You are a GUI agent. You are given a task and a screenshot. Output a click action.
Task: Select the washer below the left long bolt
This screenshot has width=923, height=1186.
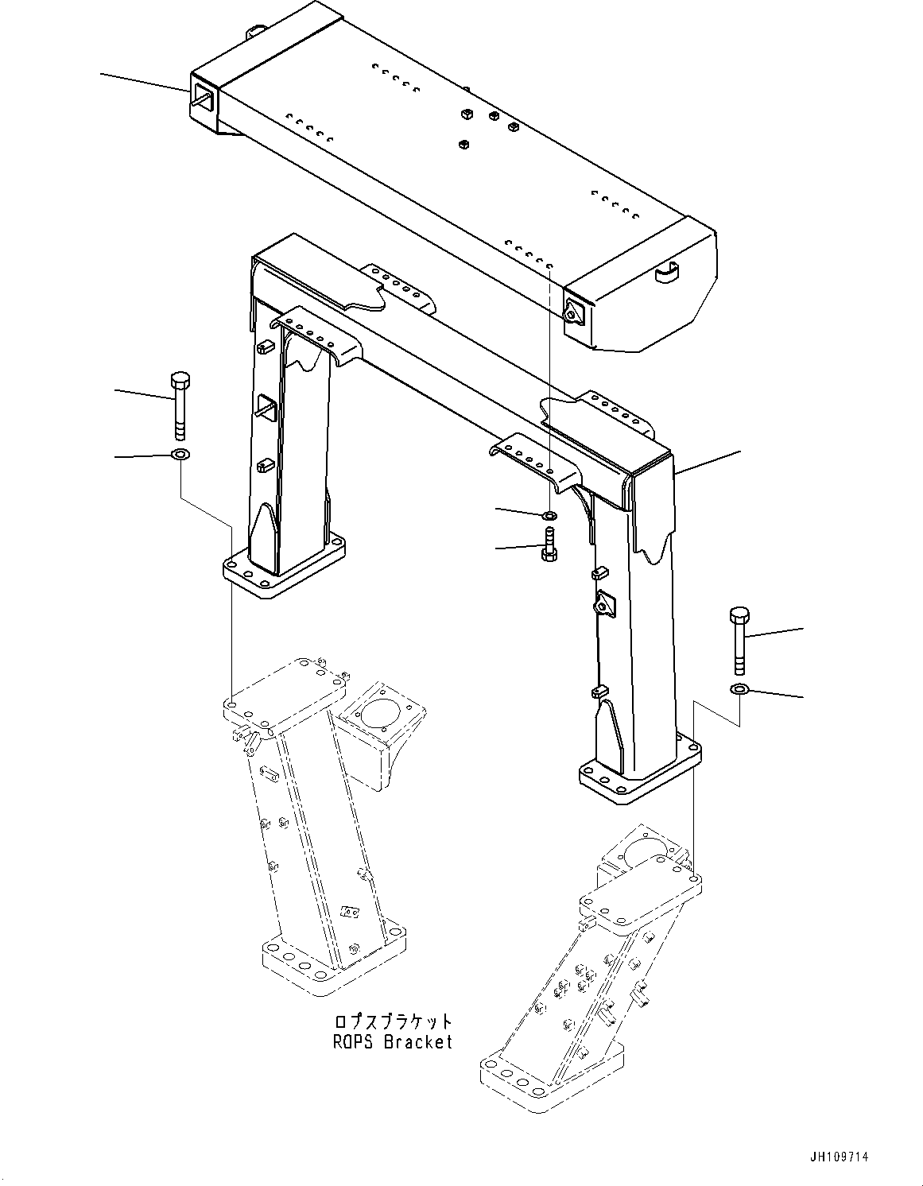[x=180, y=455]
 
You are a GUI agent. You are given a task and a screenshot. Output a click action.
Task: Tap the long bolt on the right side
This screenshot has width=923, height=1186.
[x=737, y=640]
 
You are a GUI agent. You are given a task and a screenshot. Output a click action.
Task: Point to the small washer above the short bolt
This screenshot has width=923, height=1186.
[x=549, y=516]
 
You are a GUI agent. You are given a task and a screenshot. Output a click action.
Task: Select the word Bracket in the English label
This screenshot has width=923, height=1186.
[x=418, y=1041]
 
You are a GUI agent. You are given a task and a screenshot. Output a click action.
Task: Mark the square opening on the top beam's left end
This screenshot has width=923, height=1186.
[x=204, y=101]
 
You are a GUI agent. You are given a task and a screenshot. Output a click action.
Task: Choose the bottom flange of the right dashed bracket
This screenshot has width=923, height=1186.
[x=549, y=1077]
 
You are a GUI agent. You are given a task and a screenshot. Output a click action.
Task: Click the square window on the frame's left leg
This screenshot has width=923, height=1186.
[x=266, y=407]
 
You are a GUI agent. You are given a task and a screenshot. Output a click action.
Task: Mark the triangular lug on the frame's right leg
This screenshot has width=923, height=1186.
[x=605, y=606]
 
